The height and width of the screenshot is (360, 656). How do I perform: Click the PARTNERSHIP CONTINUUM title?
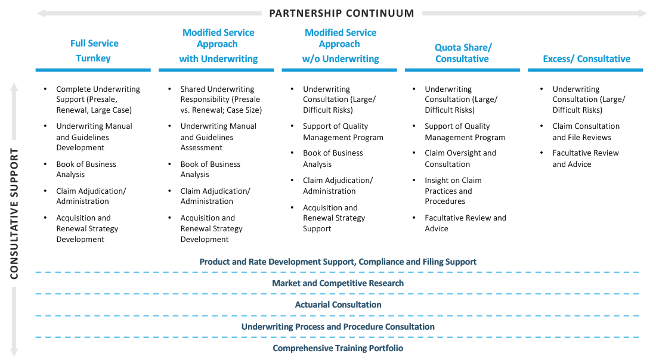341,13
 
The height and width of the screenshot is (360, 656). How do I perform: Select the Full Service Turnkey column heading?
94,51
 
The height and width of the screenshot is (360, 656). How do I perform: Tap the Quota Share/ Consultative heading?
463,53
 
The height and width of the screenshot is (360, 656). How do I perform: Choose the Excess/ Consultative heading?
586,58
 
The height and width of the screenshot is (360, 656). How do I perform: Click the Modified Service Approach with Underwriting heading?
218,46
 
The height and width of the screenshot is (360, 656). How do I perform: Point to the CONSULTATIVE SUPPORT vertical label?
14,213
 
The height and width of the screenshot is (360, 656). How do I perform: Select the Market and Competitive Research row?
338,283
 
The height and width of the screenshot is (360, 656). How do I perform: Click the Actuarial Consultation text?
338,305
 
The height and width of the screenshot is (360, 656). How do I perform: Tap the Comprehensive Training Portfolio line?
338,348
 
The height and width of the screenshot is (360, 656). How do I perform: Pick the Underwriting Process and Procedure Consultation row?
338,327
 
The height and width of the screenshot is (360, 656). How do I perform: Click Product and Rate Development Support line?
338,262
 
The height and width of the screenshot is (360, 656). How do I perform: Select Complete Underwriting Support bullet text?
98,100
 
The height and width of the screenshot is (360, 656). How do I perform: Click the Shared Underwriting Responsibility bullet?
221,100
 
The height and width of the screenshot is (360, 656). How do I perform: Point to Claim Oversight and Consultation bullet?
460,159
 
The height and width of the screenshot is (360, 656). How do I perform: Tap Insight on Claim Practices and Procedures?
453,191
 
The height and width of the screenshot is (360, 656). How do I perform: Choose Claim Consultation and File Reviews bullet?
586,132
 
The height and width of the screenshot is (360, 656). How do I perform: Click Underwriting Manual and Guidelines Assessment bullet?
218,136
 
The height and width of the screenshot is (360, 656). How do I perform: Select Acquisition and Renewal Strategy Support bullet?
334,218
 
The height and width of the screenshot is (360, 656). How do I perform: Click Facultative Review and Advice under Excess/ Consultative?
585,159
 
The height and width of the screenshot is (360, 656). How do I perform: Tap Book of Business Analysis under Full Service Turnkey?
86,169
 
